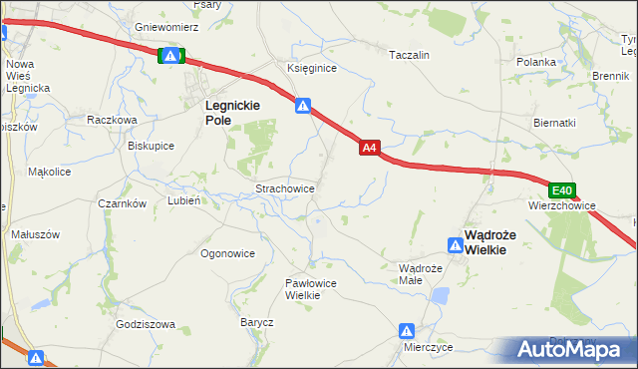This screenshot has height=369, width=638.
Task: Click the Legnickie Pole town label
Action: pos(231,112)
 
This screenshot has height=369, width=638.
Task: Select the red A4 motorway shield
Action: pos(369,148)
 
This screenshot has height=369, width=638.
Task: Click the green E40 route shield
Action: pos(562,190)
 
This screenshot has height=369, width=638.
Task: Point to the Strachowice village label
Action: pos(286,187)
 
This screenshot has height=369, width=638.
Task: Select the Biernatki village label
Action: pos(554,124)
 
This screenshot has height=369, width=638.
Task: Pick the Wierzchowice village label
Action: pos(562,206)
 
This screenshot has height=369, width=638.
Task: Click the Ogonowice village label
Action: pos(227,253)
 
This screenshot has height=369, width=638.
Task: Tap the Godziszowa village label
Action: pos(146,324)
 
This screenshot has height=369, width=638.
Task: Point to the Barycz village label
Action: pos(256,322)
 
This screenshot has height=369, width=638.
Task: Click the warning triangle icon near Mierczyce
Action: pos(407,330)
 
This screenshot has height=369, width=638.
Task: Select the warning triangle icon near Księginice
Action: pos(303,105)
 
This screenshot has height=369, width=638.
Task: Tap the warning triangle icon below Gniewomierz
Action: pos(171,57)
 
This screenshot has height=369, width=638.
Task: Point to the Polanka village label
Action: pos(535,62)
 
